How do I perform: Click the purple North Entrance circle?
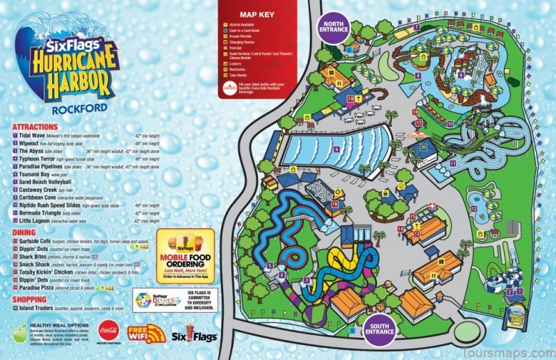(x=334, y=28)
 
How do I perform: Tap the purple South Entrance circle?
(x=380, y=332)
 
